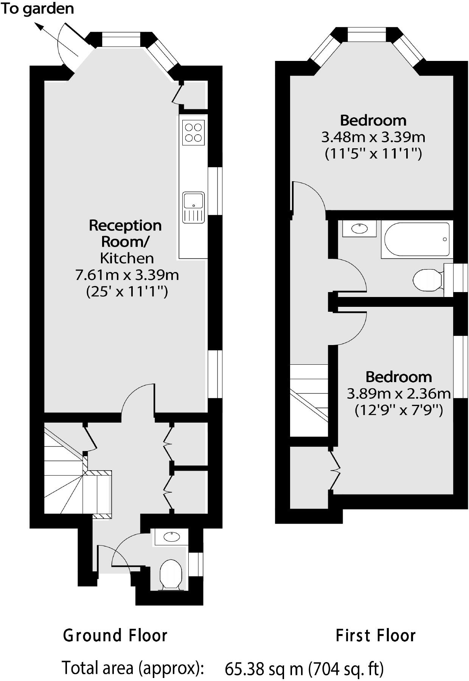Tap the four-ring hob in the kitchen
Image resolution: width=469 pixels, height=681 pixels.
point(193,132)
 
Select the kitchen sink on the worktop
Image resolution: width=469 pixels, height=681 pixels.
point(193,207)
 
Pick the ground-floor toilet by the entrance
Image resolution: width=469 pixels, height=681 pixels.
point(171,574)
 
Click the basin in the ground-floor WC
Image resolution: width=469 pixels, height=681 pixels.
point(171,537)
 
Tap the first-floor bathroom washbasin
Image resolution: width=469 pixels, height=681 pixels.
point(359,229)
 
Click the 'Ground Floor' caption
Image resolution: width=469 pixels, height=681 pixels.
point(115,635)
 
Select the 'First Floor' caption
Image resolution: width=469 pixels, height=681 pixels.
point(376,635)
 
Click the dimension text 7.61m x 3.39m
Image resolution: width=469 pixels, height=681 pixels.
point(127,275)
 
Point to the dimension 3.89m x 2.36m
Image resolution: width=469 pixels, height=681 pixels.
point(399,394)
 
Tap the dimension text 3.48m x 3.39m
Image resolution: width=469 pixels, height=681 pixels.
point(373,137)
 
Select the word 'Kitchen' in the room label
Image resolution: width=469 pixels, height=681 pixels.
point(127,258)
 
